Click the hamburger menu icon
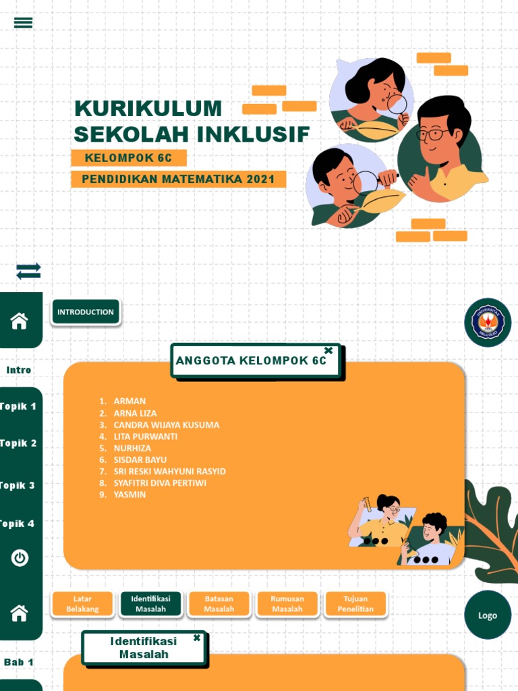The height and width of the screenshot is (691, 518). (x=23, y=22)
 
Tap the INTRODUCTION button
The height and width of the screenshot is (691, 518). (x=86, y=312)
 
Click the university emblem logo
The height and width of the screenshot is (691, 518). (x=487, y=322)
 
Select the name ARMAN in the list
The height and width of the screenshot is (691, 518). (x=129, y=401)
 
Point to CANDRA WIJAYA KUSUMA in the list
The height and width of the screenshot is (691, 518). (x=166, y=424)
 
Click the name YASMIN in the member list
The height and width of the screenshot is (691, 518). (x=129, y=495)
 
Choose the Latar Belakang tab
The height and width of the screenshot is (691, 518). (x=82, y=604)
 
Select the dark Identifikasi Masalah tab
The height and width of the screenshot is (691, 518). (x=150, y=604)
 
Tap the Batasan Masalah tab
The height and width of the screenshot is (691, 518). (x=219, y=604)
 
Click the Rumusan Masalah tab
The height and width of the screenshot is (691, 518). (x=287, y=604)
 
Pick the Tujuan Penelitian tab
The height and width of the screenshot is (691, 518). (x=355, y=604)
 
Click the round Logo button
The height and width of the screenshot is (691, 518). (x=487, y=615)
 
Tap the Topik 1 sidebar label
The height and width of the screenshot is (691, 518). (x=18, y=406)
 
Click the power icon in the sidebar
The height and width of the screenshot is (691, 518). (x=20, y=558)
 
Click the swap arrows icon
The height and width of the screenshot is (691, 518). (x=28, y=271)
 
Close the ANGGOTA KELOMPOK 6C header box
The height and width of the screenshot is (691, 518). (x=328, y=350)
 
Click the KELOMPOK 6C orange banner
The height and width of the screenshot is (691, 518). (x=128, y=158)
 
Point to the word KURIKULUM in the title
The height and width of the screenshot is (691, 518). (x=148, y=109)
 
